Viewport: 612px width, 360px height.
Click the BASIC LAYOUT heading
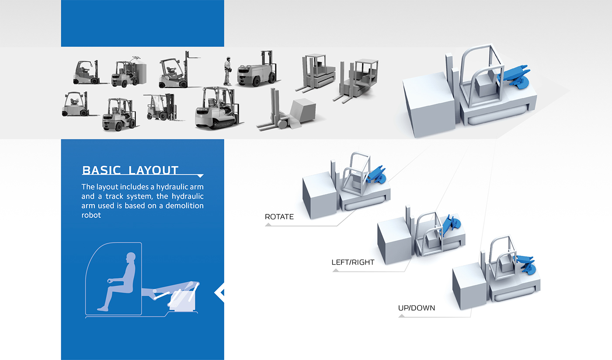[x=130, y=170]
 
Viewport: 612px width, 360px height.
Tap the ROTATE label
[x=279, y=217]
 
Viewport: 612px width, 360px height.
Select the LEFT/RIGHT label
[x=353, y=262]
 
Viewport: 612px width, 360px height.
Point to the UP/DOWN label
[x=416, y=308]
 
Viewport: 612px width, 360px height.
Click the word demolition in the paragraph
[x=184, y=206]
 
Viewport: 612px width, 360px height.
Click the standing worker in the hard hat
[x=227, y=71]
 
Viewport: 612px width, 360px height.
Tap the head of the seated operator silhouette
[x=131, y=257]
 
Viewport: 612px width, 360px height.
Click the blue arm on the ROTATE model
[x=376, y=175]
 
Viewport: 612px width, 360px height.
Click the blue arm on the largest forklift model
[x=515, y=77]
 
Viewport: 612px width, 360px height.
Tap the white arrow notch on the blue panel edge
[x=219, y=293]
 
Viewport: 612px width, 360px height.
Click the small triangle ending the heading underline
[x=200, y=176]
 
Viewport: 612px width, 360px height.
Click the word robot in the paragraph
[x=91, y=215]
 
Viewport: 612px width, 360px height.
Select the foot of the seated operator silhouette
[x=103, y=309]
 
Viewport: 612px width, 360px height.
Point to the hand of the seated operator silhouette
[x=110, y=281]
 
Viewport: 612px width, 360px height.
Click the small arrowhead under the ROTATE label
[x=268, y=225]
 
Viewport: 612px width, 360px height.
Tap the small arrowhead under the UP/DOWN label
[x=402, y=316]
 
